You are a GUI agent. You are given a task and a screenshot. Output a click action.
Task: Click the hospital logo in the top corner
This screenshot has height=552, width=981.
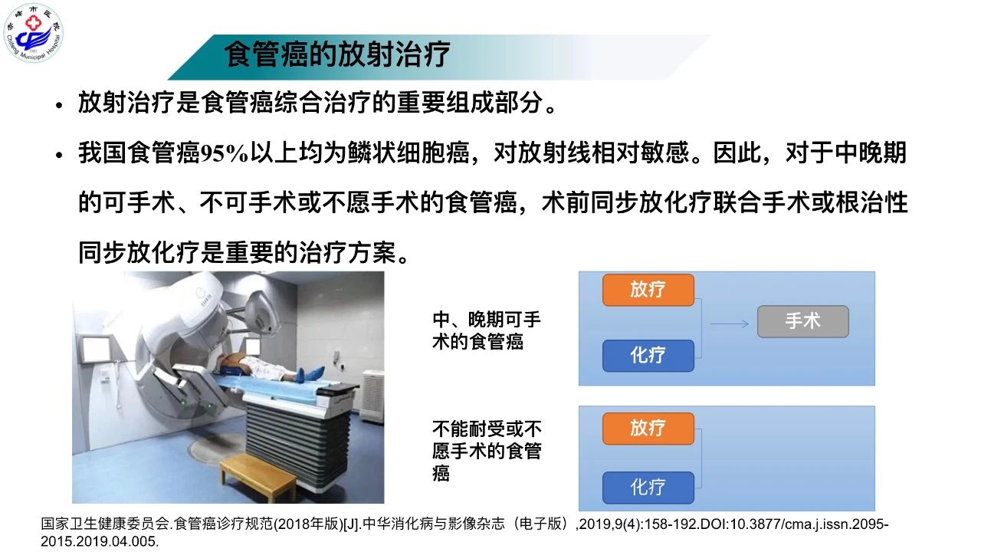tap(33, 33)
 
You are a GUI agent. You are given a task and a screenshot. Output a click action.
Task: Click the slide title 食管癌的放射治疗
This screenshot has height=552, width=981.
tap(337, 54)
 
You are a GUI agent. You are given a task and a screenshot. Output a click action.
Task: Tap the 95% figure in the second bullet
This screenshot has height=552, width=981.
tap(225, 153)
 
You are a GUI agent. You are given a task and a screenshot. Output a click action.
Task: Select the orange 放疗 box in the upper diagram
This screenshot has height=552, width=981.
tap(648, 290)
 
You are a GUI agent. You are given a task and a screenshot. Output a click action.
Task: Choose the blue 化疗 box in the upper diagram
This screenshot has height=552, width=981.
tap(648, 355)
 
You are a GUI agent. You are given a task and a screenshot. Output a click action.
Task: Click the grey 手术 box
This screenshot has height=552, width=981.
tap(802, 321)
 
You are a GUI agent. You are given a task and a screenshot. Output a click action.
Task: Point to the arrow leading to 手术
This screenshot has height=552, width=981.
tap(729, 324)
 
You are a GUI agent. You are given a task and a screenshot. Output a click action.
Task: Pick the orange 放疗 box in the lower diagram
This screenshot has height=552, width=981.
tap(648, 429)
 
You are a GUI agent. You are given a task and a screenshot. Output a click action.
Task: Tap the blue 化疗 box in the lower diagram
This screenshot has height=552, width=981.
tap(648, 487)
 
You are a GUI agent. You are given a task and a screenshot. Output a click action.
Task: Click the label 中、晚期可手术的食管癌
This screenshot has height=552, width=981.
tap(487, 330)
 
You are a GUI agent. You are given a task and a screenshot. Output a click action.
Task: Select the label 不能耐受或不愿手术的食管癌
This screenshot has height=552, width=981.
tap(487, 451)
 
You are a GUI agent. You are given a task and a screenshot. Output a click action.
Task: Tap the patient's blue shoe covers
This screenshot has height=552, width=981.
tap(310, 375)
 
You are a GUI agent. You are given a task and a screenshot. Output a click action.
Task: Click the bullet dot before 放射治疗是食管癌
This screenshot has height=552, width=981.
tap(60, 105)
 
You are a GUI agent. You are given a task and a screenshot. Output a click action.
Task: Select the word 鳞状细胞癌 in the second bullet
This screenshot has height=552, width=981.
tap(408, 153)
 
